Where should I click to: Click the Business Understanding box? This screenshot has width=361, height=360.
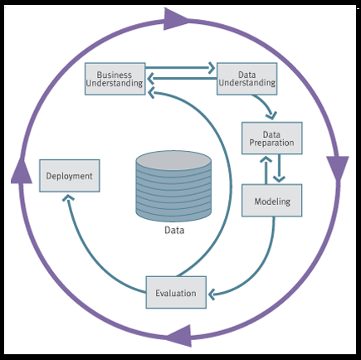pos(115,78)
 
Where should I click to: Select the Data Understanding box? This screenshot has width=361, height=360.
pos(246,78)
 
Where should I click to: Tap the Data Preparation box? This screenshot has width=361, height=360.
pos(272,138)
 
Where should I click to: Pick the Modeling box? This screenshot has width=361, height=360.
pos(272,201)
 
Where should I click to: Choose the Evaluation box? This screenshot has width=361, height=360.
pos(176,293)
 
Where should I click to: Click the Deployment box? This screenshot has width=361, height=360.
pos(70,176)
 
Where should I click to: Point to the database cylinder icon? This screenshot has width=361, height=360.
pos(173,187)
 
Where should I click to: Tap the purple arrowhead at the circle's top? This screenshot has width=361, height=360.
pos(178,18)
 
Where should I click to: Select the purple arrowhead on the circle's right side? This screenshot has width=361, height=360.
pos(337,168)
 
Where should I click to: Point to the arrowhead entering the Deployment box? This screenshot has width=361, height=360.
pos(70,200)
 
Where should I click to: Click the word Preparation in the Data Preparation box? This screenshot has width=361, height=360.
pos(272,143)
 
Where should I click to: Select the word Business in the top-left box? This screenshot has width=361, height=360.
pos(115,73)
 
